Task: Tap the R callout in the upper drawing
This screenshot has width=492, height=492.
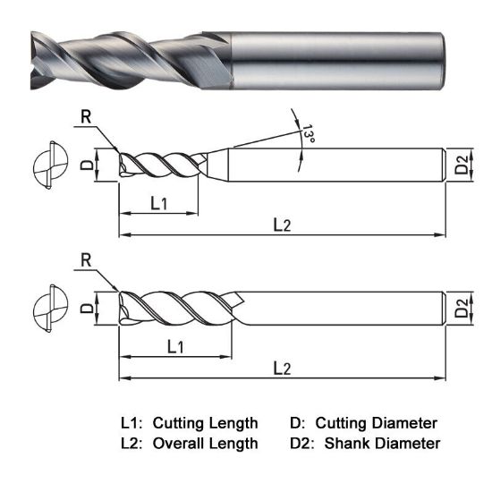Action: pos(86,116)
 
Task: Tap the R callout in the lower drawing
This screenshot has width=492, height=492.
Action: pos(86,260)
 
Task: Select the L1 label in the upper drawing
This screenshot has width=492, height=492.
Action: pos(158,203)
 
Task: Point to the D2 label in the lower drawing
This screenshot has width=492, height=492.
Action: pos(461,309)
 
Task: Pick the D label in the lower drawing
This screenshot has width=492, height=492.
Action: pos(86,309)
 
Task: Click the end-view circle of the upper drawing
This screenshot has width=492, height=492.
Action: pos(47,165)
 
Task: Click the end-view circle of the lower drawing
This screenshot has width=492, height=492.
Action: pos(47,309)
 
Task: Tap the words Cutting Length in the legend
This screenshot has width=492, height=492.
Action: pos(206,422)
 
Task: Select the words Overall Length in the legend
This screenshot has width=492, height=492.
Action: pos(206,443)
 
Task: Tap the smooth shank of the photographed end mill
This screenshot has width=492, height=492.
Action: pos(340,58)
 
